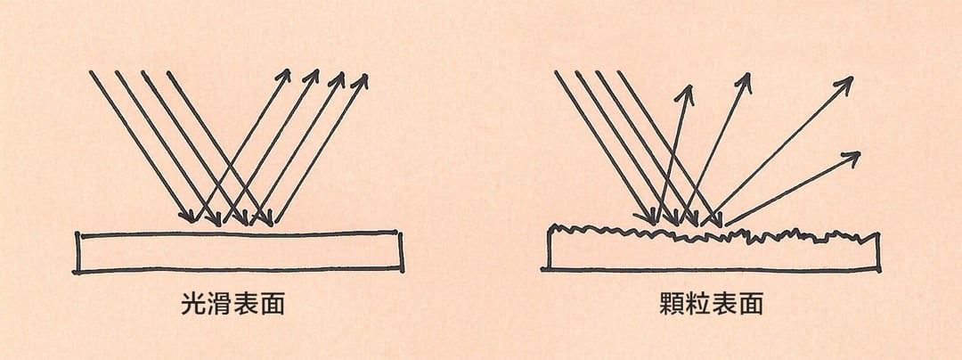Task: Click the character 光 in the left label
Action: (x=194, y=304)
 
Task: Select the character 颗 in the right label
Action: (x=673, y=304)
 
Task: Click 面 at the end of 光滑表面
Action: (x=272, y=304)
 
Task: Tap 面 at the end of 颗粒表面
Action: (x=750, y=304)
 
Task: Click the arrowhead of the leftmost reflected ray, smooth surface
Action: (x=284, y=75)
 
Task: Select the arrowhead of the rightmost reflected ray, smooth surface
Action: (x=362, y=80)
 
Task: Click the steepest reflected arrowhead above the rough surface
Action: (x=687, y=92)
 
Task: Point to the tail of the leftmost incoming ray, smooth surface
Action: (x=90, y=72)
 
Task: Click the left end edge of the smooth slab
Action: (x=77, y=252)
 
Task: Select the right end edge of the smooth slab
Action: (x=401, y=250)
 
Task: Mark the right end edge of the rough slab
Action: (x=878, y=252)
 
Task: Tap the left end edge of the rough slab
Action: (x=549, y=247)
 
